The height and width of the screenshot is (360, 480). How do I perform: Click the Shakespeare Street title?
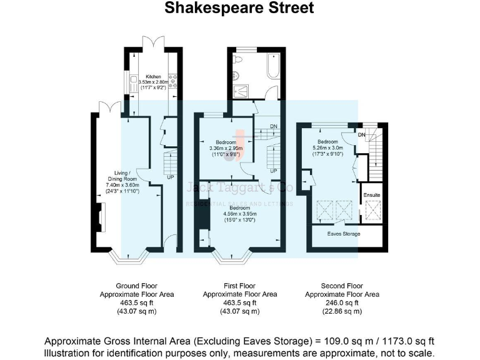240,8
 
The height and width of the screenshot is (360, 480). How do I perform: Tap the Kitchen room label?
154,77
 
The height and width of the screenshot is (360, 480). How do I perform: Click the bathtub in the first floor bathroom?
273,67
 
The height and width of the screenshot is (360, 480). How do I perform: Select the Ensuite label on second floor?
372,196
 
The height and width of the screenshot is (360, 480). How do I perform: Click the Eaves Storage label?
344,234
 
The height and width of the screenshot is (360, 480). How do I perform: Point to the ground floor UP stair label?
170,177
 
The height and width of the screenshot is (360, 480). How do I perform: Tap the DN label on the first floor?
273,127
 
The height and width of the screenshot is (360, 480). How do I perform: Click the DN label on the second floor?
362,134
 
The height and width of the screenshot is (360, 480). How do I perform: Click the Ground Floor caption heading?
137,286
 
